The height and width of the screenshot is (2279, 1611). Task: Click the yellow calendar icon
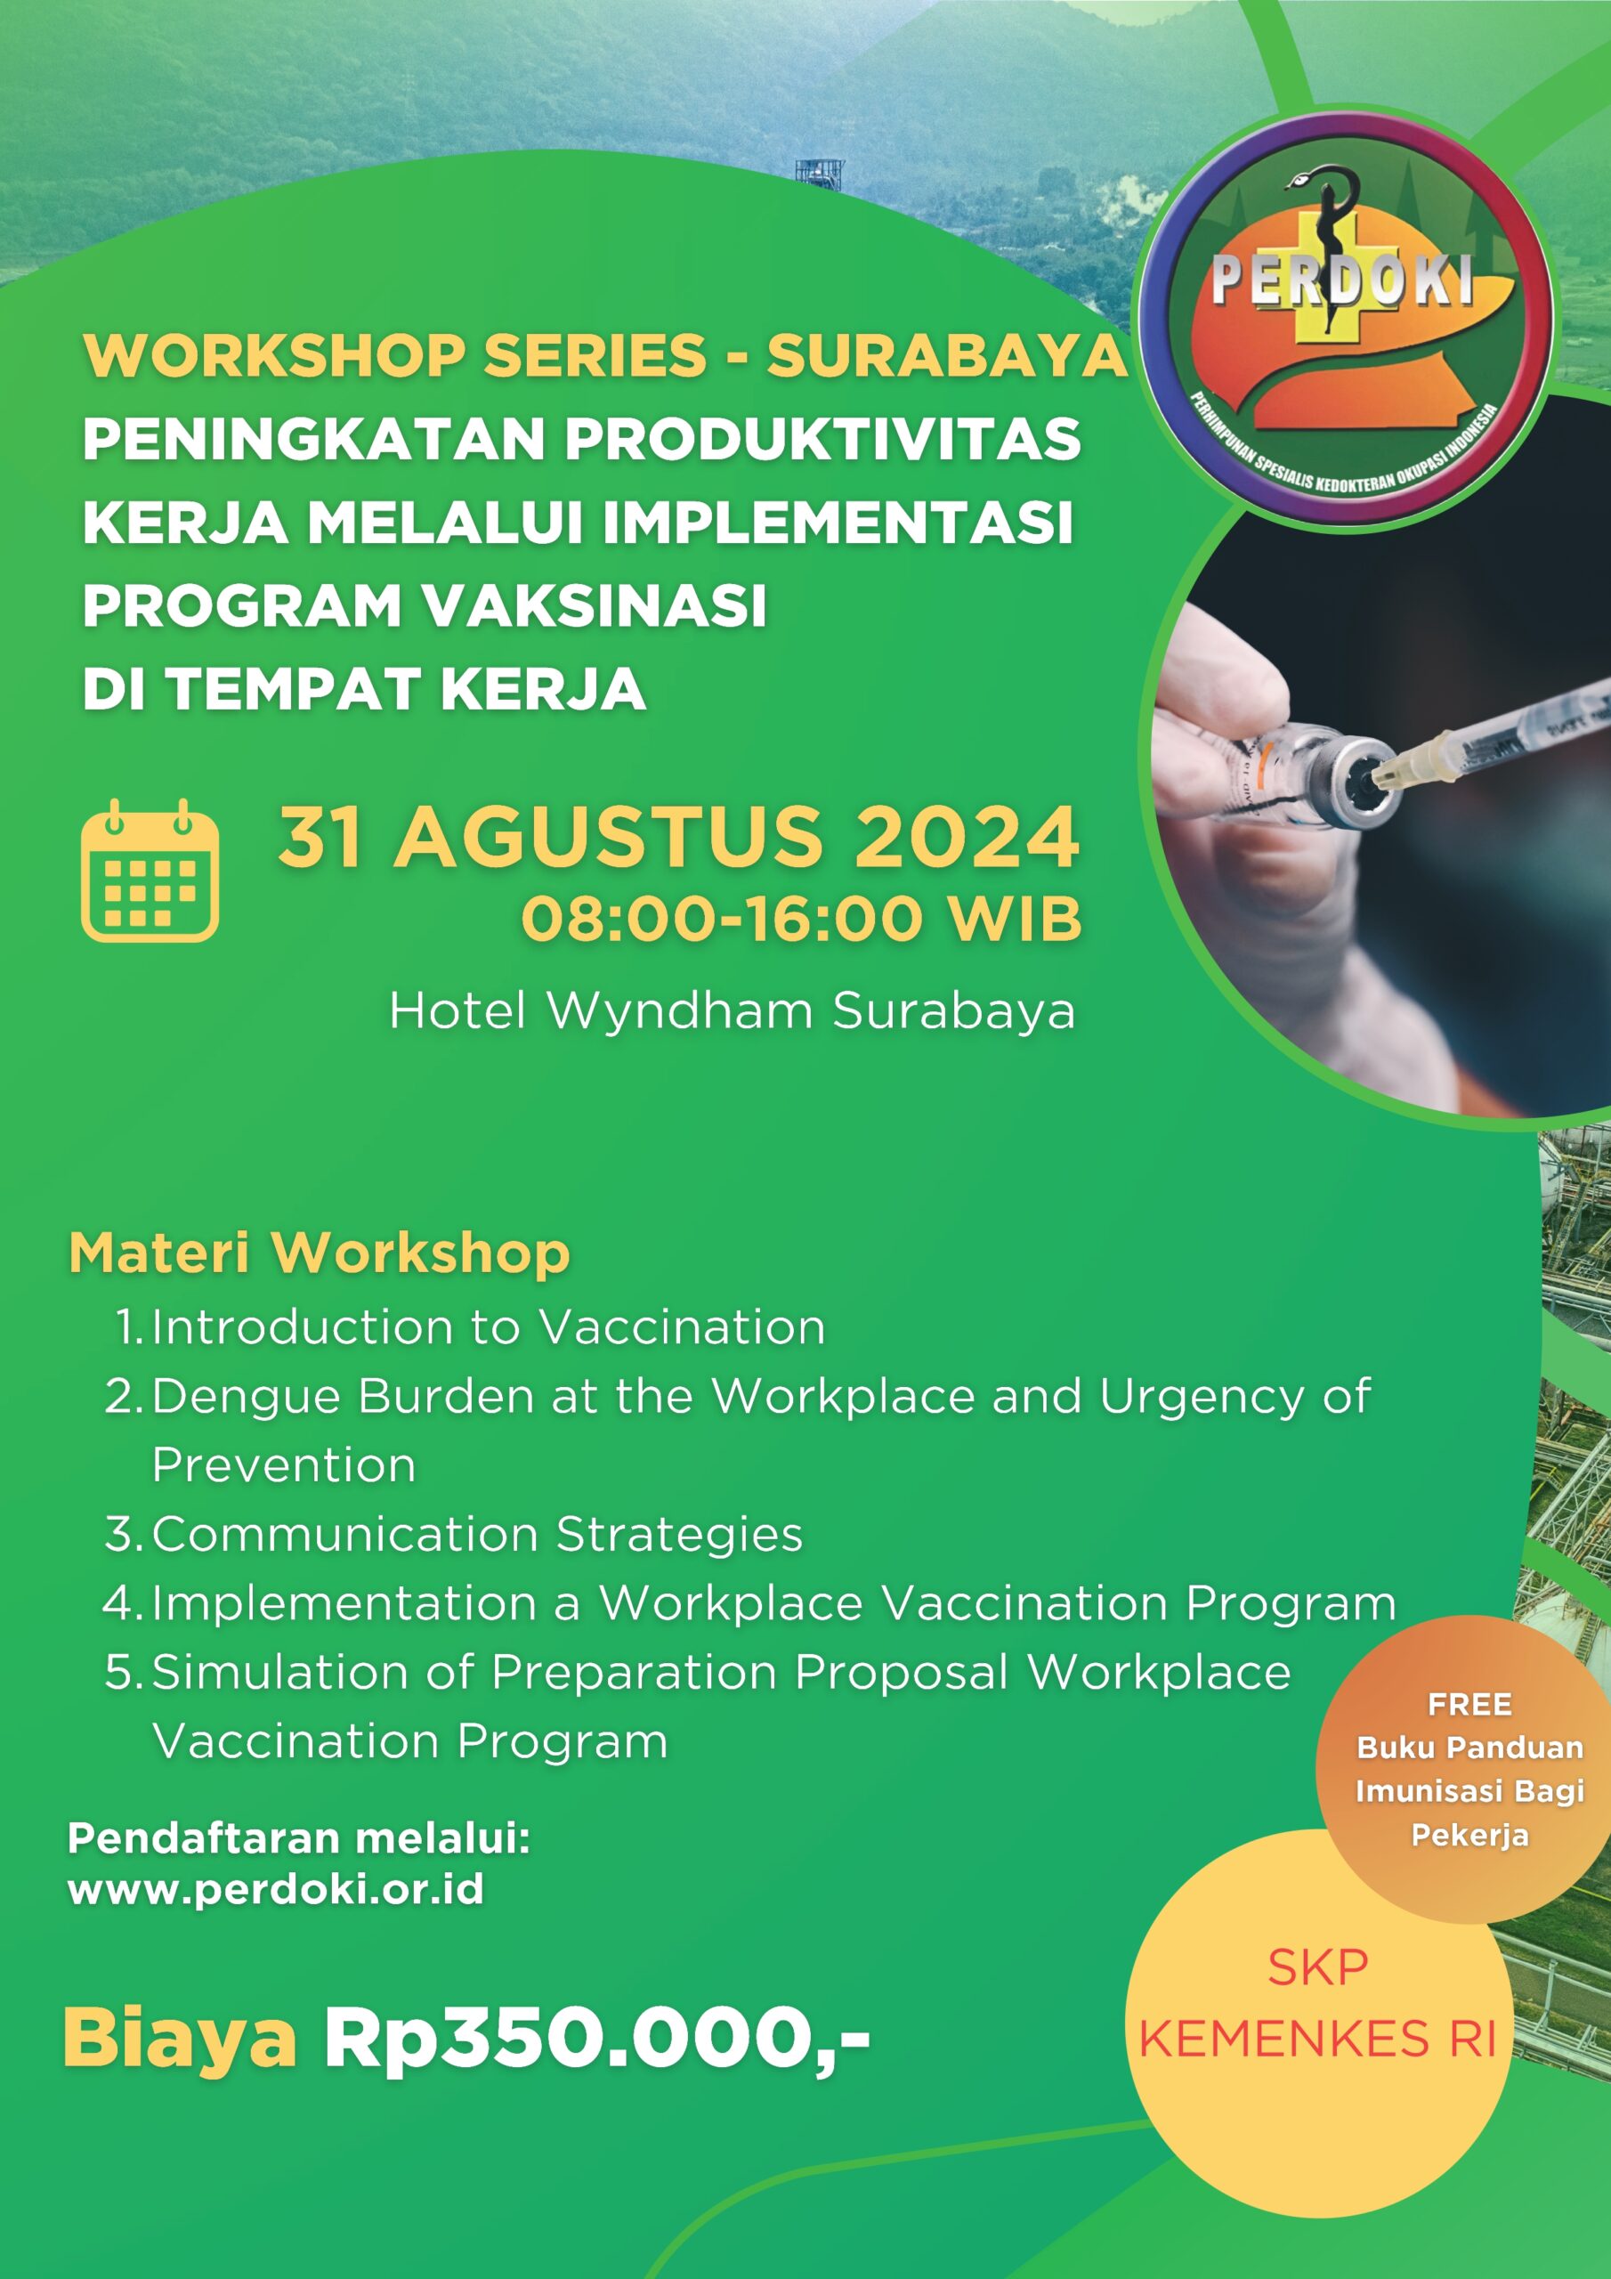150,872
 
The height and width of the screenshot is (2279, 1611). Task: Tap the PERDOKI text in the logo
1342,281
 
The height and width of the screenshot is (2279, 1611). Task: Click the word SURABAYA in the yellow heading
946,355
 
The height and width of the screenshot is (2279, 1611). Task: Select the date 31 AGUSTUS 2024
678,837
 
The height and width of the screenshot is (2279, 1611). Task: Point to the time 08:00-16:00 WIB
801,918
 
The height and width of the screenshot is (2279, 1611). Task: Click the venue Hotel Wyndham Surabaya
732,1011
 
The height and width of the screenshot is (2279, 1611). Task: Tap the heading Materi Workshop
320,1253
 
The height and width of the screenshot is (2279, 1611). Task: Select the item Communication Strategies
476,1535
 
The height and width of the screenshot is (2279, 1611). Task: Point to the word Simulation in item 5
279,1673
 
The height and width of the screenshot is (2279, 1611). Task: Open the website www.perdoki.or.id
276,1890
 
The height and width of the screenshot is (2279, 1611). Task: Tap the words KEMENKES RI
1317,2040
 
